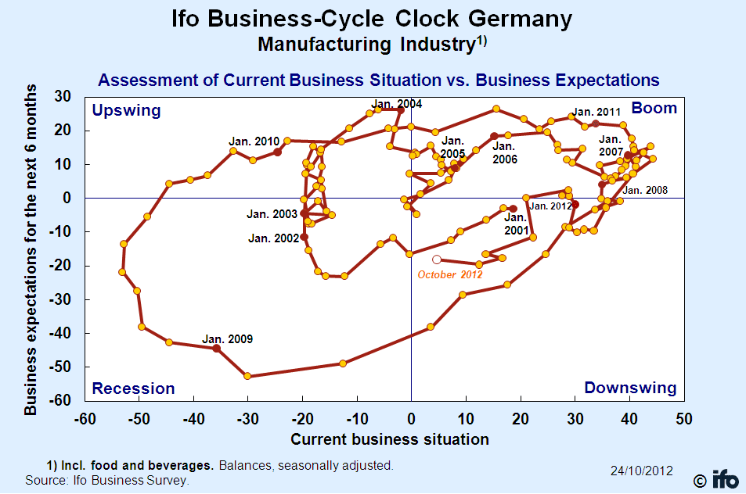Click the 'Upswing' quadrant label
(126, 110)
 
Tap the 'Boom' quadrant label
(654, 108)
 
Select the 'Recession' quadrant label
(133, 388)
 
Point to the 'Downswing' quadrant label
(630, 388)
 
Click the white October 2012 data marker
(437, 260)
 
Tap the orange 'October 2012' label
(450, 274)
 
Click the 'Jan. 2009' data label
(228, 339)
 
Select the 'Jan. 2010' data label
(254, 141)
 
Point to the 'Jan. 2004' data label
(397, 104)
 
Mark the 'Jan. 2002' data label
(273, 238)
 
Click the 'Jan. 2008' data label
(645, 190)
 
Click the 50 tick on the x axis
(683, 418)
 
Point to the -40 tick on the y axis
(59, 333)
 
